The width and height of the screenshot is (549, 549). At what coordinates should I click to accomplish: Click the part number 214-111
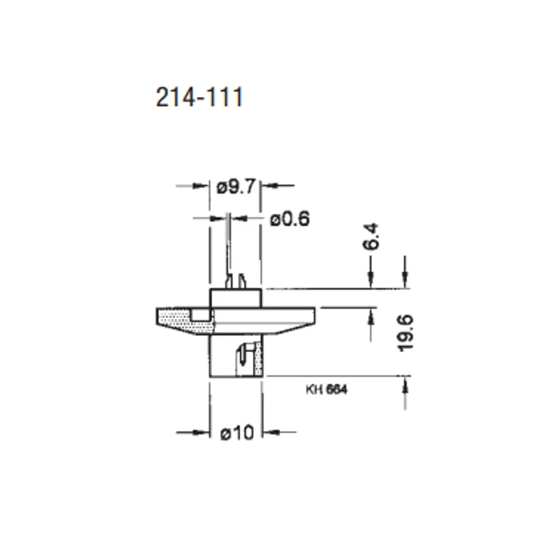pyautogui.click(x=199, y=97)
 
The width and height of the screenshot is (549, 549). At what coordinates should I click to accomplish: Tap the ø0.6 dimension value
pyautogui.click(x=290, y=218)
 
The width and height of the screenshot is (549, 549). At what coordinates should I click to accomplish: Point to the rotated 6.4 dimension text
pyautogui.click(x=372, y=236)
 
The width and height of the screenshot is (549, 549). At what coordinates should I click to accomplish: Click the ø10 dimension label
pyautogui.click(x=236, y=433)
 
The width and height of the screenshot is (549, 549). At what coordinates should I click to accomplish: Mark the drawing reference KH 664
pyautogui.click(x=327, y=390)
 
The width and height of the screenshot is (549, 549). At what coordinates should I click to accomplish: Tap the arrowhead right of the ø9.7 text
pyautogui.click(x=269, y=186)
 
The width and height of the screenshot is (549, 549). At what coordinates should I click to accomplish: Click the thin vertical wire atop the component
pyautogui.click(x=229, y=246)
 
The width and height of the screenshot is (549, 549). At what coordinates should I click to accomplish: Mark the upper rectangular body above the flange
pyautogui.click(x=236, y=299)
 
